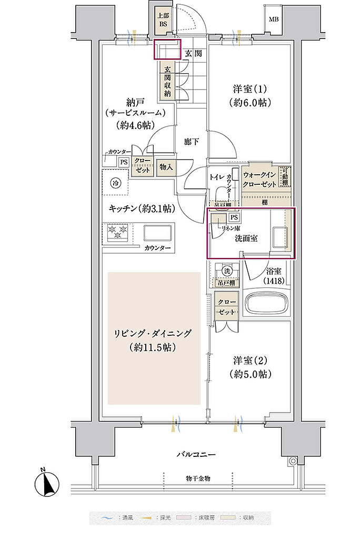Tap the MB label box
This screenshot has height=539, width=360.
pyautogui.click(x=274, y=20)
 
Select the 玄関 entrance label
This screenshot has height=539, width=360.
pyautogui.click(x=193, y=54)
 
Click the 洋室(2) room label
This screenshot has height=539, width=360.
pyautogui.click(x=248, y=367)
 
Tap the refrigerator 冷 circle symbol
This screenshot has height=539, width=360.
pyautogui.click(x=115, y=183)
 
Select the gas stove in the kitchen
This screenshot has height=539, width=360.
pyautogui.click(x=118, y=231)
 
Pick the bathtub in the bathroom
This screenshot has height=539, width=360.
pyautogui.click(x=267, y=305)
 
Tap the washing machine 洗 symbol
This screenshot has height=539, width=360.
pyautogui.click(x=227, y=270)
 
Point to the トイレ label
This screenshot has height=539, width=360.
pyautogui.click(x=217, y=177)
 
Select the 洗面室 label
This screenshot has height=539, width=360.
pyautogui.click(x=246, y=238)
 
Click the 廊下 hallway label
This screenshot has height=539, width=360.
pyautogui.click(x=191, y=142)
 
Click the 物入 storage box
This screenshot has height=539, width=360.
pyautogui.click(x=167, y=167)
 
